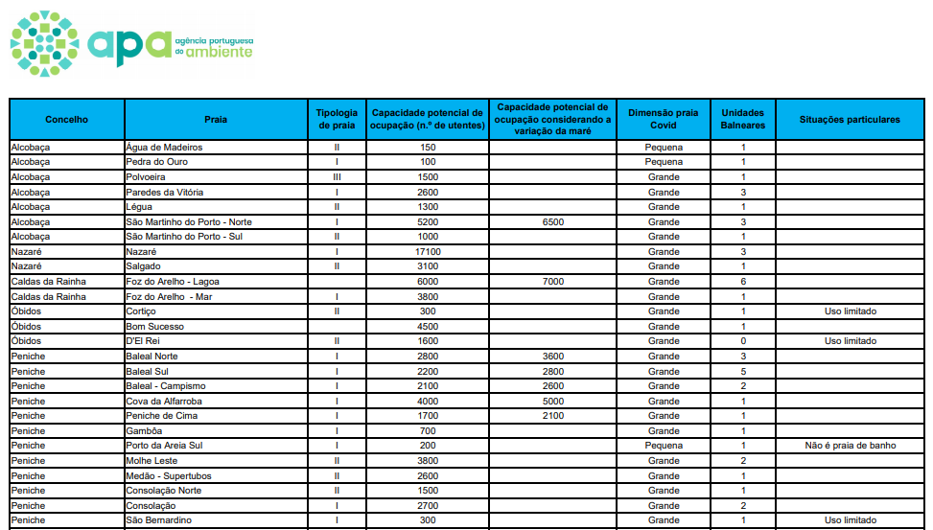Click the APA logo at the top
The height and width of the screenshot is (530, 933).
[x=131, y=43]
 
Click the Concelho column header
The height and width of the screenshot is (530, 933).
[x=66, y=120]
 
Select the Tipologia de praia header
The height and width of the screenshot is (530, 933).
[x=337, y=120]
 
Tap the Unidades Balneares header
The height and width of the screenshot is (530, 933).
[x=742, y=120]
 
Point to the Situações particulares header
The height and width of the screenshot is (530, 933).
[x=850, y=120]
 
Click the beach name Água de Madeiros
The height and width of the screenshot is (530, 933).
[x=164, y=148]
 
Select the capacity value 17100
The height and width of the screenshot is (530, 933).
[x=428, y=251]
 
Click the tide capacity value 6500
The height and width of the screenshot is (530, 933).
[x=552, y=221]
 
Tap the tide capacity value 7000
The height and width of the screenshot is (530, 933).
[x=552, y=282]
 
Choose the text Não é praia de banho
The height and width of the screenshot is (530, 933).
[x=850, y=446]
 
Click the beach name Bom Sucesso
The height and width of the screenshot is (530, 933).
[x=155, y=326]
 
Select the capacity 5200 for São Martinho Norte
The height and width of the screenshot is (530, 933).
[x=428, y=221]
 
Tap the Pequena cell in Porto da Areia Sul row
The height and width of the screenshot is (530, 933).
[x=664, y=446]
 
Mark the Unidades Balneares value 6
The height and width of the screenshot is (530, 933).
[x=742, y=282]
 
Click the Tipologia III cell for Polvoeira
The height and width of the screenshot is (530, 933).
[x=337, y=177]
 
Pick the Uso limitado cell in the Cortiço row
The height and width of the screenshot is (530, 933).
[x=850, y=311]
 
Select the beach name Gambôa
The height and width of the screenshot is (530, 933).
[x=144, y=430]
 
